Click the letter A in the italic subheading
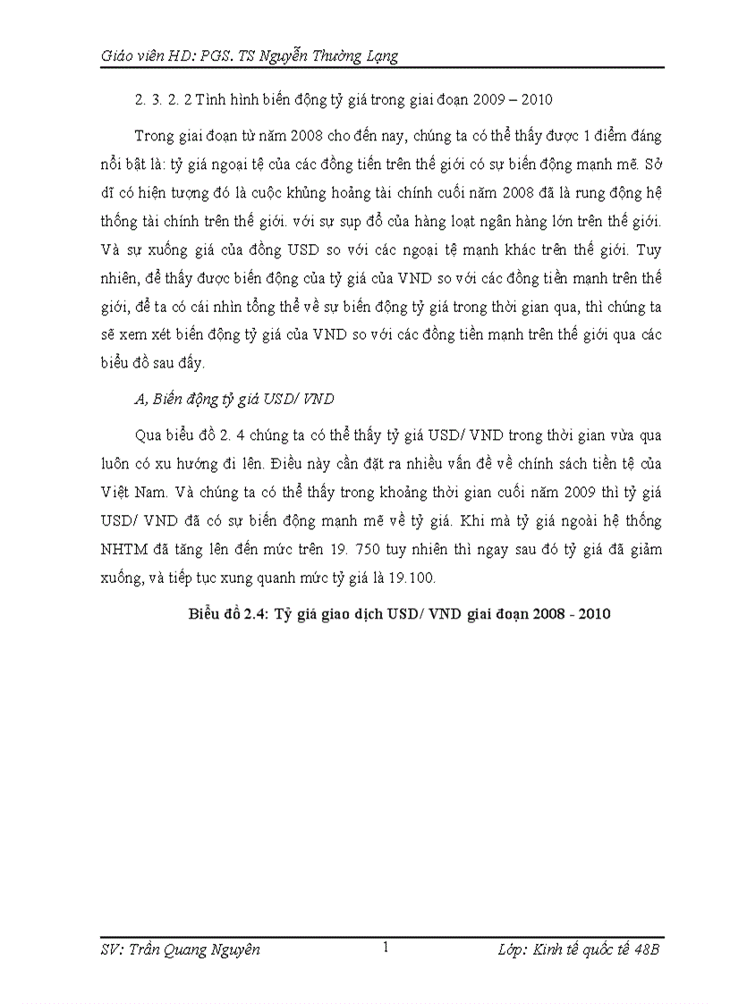pyautogui.click(x=139, y=401)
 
